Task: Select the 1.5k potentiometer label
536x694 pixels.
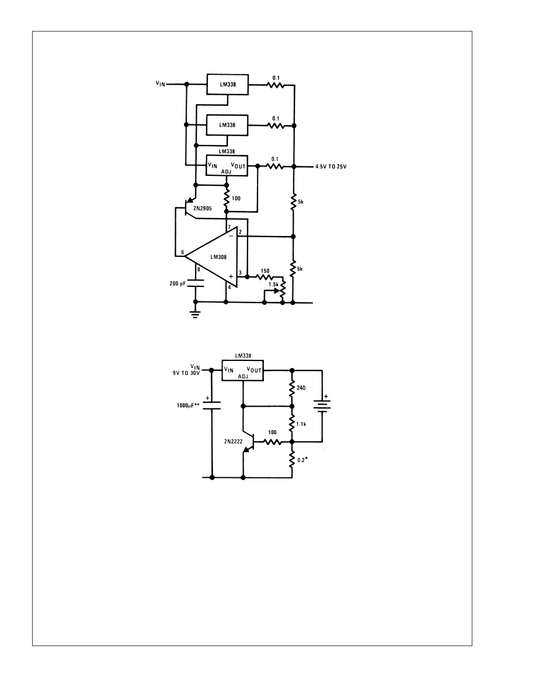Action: pos(273,284)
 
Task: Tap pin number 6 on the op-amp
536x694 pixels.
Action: pos(183,252)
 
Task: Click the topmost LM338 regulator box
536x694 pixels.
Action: pos(228,84)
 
